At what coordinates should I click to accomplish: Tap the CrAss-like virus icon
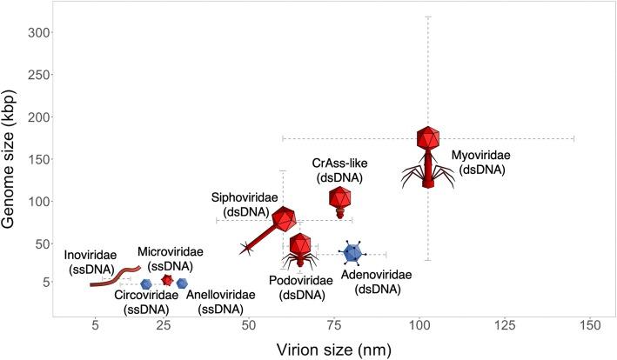click(x=340, y=201)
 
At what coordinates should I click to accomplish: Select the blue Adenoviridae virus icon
click(x=352, y=253)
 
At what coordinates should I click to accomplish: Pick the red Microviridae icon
click(x=167, y=280)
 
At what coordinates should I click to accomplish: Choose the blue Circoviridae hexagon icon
click(x=146, y=283)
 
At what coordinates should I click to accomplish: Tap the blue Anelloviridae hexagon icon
click(x=182, y=283)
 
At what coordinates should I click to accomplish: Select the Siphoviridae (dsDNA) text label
click(x=245, y=204)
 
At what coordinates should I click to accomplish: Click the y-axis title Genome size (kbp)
click(x=17, y=163)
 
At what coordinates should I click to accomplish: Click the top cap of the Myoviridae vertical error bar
click(x=427, y=17)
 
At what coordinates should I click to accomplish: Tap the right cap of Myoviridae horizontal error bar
click(x=574, y=138)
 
